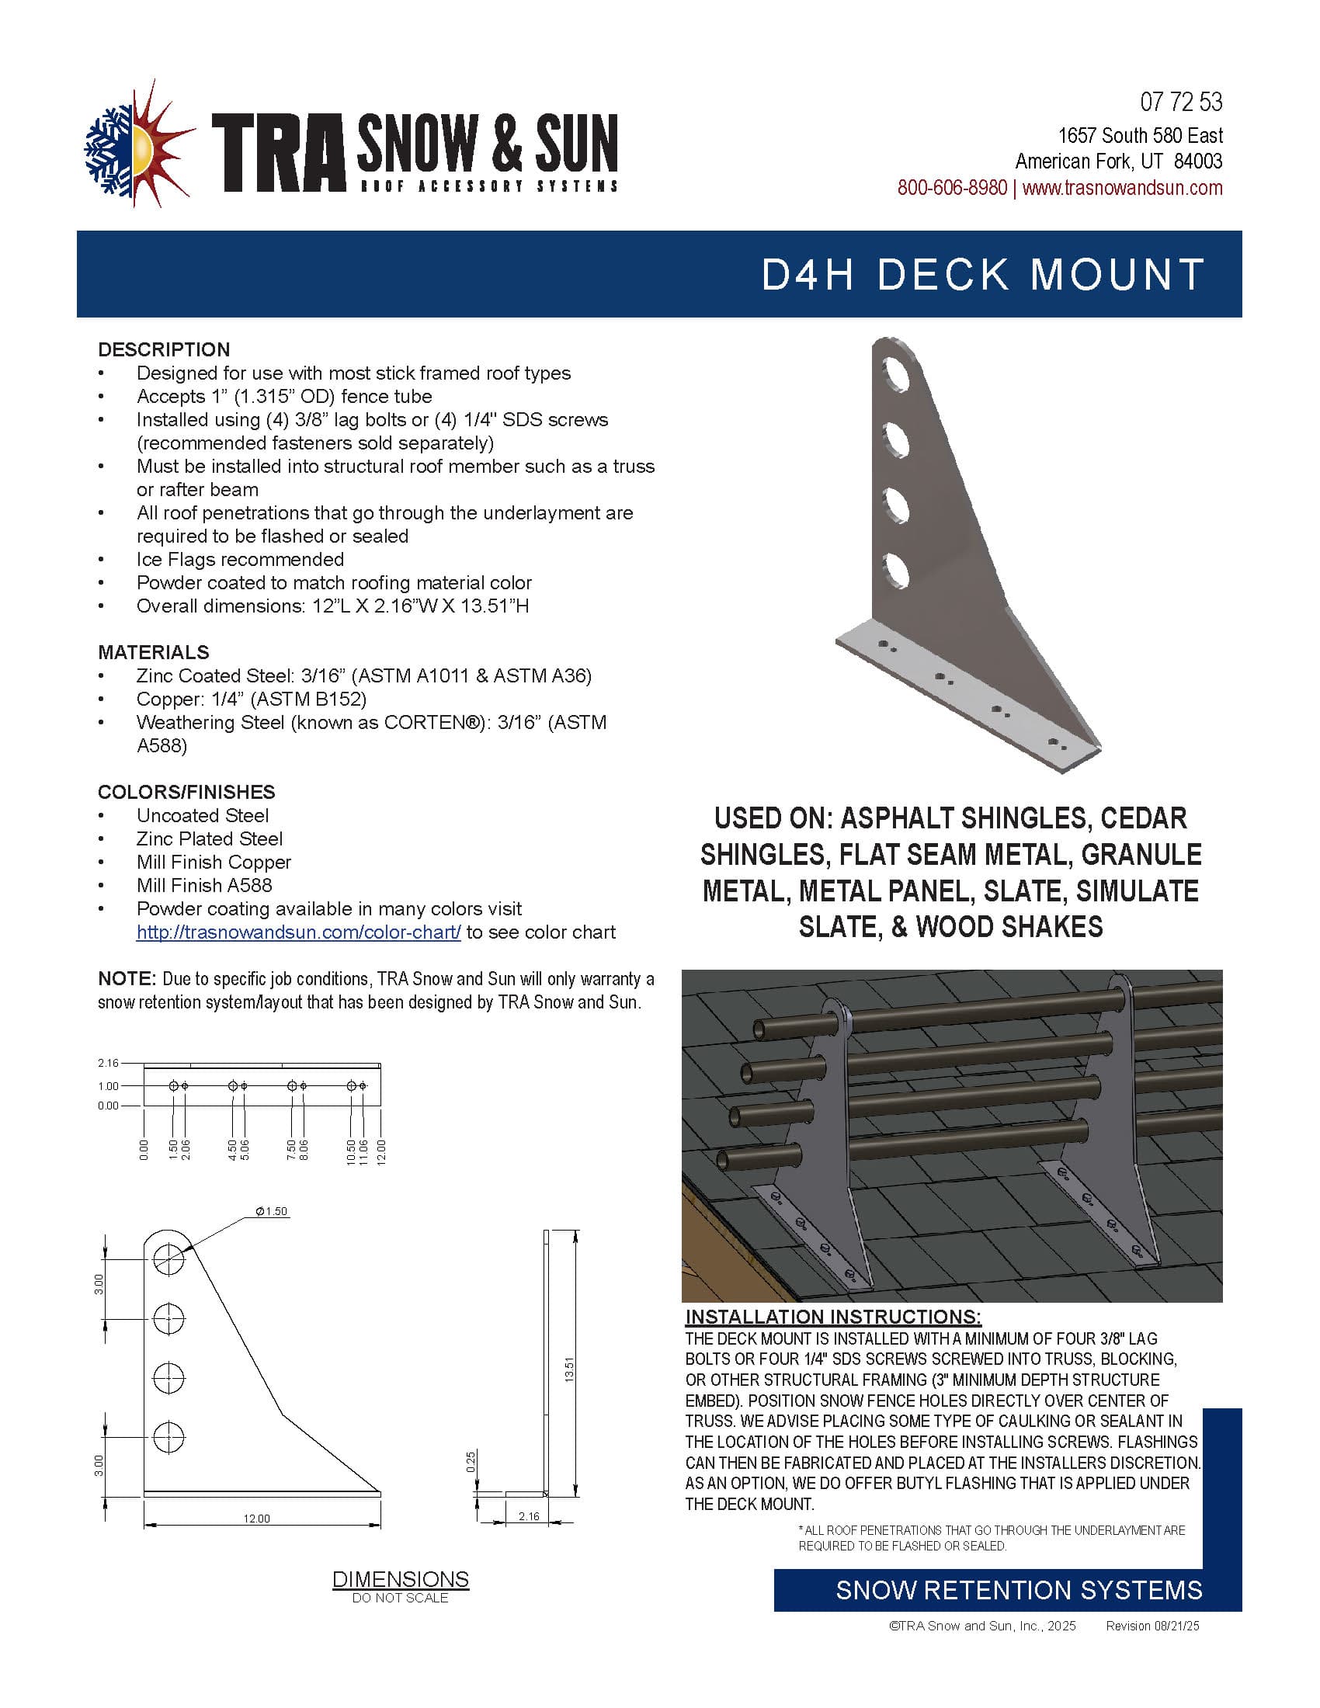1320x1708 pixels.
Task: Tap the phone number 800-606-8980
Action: click(952, 189)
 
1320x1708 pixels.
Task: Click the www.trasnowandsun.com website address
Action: click(1122, 189)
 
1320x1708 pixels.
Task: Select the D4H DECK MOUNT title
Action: click(983, 276)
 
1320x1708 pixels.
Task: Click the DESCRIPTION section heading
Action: click(163, 349)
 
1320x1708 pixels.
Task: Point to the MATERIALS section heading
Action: click(153, 652)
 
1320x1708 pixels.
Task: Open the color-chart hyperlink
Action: click(298, 932)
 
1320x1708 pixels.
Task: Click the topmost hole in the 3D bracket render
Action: click(894, 373)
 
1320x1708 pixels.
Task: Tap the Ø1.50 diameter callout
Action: click(271, 1211)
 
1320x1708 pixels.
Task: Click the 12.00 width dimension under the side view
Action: click(256, 1519)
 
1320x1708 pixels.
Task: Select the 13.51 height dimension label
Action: click(569, 1370)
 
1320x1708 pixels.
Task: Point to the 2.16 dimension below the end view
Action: click(529, 1516)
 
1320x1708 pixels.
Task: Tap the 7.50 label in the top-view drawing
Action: click(292, 1151)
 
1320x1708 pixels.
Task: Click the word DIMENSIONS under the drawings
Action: click(401, 1579)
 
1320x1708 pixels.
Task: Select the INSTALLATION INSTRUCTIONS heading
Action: click(833, 1317)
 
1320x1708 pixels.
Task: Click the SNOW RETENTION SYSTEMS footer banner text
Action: click(1018, 1591)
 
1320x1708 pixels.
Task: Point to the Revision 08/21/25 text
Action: click(1152, 1626)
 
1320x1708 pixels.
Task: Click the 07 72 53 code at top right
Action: click(1181, 102)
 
